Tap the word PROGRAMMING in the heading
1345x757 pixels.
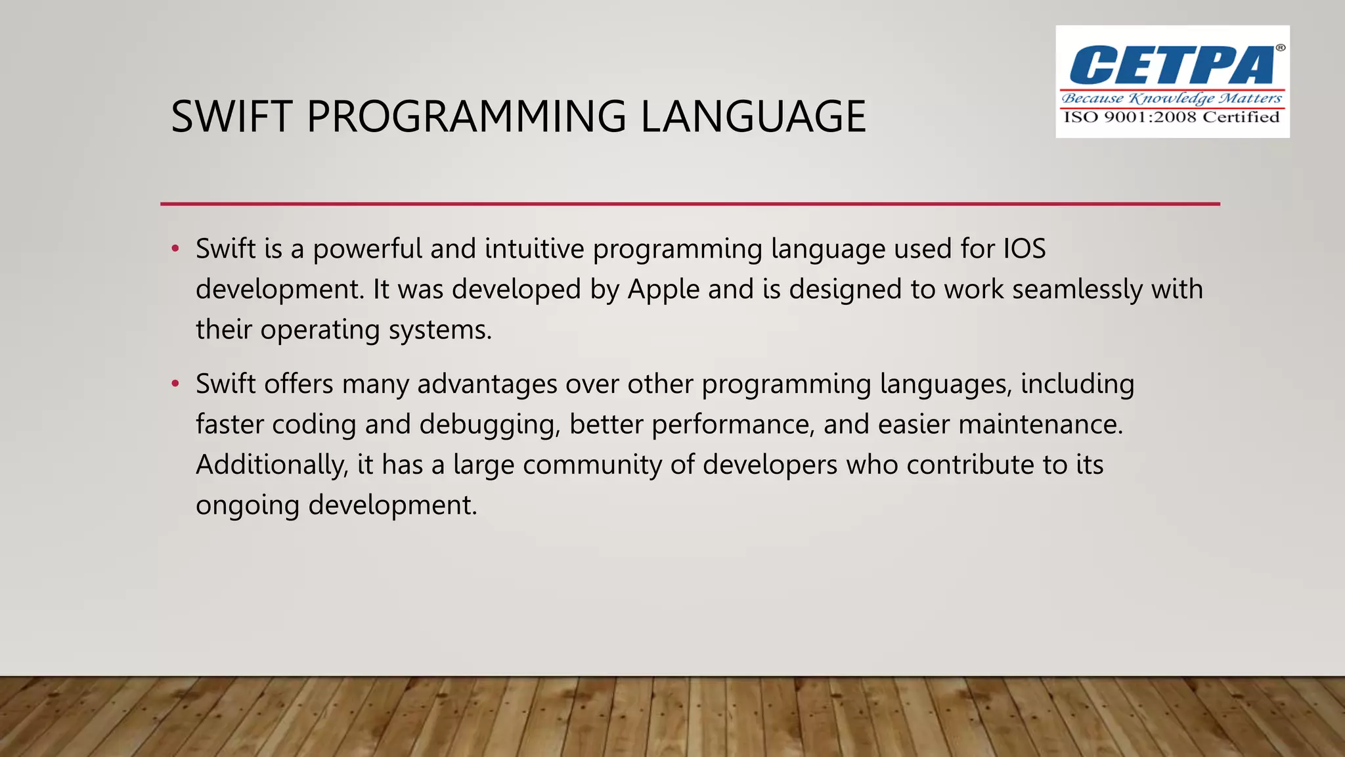coord(466,117)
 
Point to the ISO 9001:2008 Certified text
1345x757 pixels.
coord(1172,118)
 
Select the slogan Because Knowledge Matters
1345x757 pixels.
coord(1172,99)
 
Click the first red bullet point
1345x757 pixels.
coord(175,249)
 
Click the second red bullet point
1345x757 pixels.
coord(175,384)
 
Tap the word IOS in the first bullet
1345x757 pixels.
coord(1025,249)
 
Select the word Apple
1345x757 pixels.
coord(663,290)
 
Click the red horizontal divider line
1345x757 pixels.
coord(690,204)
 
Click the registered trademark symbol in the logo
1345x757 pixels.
coord(1280,48)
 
